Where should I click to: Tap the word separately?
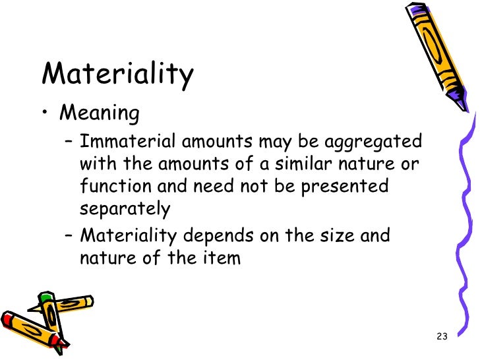[x=125, y=209]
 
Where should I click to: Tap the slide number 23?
[x=442, y=337]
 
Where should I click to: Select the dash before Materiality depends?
[x=69, y=235]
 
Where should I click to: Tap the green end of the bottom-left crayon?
[x=44, y=299]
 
